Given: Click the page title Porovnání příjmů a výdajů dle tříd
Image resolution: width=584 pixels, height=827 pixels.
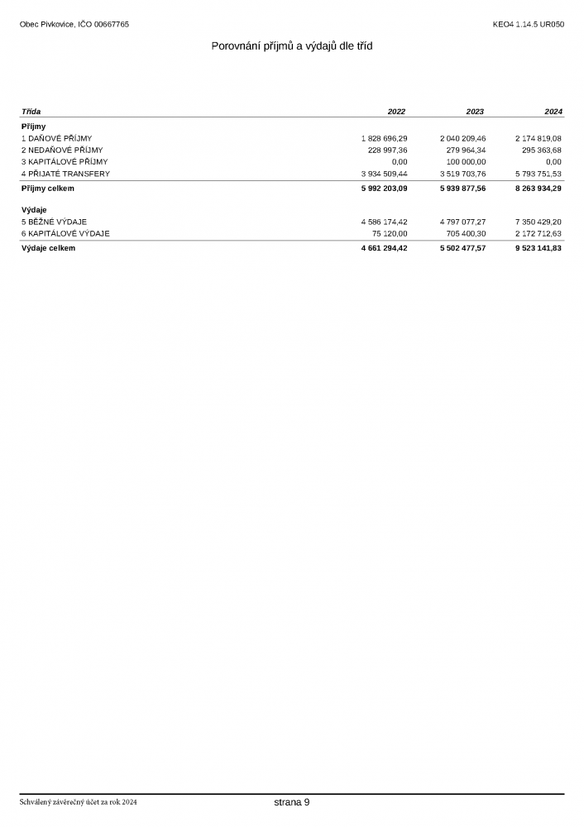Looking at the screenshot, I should pyautogui.click(x=292, y=46).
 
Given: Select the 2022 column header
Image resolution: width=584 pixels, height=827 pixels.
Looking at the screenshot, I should pyautogui.click(x=396, y=112).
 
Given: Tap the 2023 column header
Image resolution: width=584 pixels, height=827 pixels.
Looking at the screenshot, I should pyautogui.click(x=475, y=112).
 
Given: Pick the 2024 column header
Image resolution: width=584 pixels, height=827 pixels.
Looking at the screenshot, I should pyautogui.click(x=553, y=112).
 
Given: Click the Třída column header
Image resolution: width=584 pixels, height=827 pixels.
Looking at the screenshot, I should pyautogui.click(x=31, y=112).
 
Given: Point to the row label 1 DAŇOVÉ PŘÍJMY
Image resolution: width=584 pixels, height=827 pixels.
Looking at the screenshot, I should pyautogui.click(x=56, y=138).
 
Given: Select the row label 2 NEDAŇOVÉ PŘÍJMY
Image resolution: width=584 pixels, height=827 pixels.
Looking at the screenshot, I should pyautogui.click(x=62, y=150).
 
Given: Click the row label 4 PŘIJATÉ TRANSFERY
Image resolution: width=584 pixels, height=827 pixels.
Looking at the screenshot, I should pyautogui.click(x=65, y=174).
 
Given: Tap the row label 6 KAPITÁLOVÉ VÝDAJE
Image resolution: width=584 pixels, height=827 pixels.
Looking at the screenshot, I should pyautogui.click(x=65, y=233).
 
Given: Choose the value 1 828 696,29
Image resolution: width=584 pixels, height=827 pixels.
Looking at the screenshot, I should pyautogui.click(x=384, y=138).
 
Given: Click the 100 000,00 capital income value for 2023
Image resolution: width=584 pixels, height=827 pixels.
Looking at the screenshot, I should pyautogui.click(x=467, y=162).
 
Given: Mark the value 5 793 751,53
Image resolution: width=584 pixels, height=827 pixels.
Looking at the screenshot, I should pyautogui.click(x=538, y=174).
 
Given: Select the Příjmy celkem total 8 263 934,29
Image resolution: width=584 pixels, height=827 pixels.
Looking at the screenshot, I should pyautogui.click(x=538, y=189).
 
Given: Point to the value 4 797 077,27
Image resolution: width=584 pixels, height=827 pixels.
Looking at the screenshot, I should pyautogui.click(x=462, y=222).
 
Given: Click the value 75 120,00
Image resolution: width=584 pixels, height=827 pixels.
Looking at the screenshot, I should pyautogui.click(x=390, y=233).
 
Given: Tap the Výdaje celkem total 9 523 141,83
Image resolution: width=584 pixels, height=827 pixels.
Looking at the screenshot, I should pyautogui.click(x=538, y=248).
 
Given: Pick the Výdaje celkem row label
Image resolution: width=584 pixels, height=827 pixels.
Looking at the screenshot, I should pyautogui.click(x=48, y=248).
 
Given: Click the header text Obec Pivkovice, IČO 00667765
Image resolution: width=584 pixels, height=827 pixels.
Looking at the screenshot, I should pyautogui.click(x=74, y=24).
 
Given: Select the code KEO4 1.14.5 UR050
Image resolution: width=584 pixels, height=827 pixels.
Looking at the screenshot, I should pyautogui.click(x=528, y=24).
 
